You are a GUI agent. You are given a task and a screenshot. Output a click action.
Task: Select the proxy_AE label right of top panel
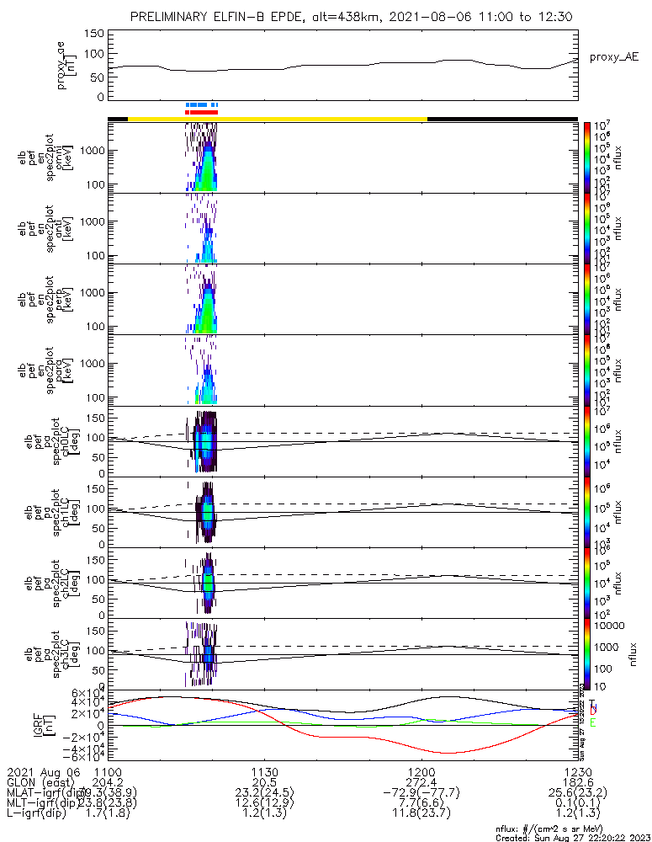(x=612, y=56)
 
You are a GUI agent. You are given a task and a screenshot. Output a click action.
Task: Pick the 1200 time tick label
(x=421, y=772)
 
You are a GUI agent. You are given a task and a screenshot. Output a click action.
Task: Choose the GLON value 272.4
(x=421, y=782)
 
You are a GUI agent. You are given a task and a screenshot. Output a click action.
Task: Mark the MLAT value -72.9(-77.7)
(x=421, y=793)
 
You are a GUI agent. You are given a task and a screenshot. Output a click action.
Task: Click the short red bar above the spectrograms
(x=202, y=111)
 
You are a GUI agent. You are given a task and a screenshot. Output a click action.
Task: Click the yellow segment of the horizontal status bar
(x=278, y=119)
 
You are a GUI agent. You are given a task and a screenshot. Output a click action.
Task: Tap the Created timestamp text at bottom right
(x=572, y=837)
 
